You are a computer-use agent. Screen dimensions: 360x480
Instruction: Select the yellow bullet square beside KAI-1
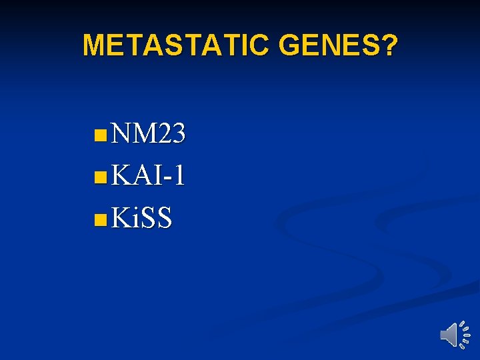click(100, 178)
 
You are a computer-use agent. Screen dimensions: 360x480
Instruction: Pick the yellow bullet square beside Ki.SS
click(100, 219)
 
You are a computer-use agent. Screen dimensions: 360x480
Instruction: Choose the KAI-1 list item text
click(148, 176)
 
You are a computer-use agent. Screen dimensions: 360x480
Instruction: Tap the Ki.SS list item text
click(142, 217)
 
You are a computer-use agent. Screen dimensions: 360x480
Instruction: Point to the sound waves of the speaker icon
click(464, 333)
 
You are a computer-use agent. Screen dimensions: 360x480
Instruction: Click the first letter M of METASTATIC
click(94, 45)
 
